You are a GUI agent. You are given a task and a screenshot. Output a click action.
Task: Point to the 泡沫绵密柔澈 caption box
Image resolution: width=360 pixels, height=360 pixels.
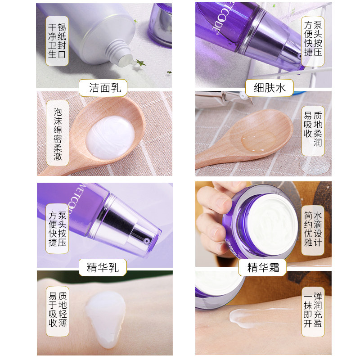pos(58,134)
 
